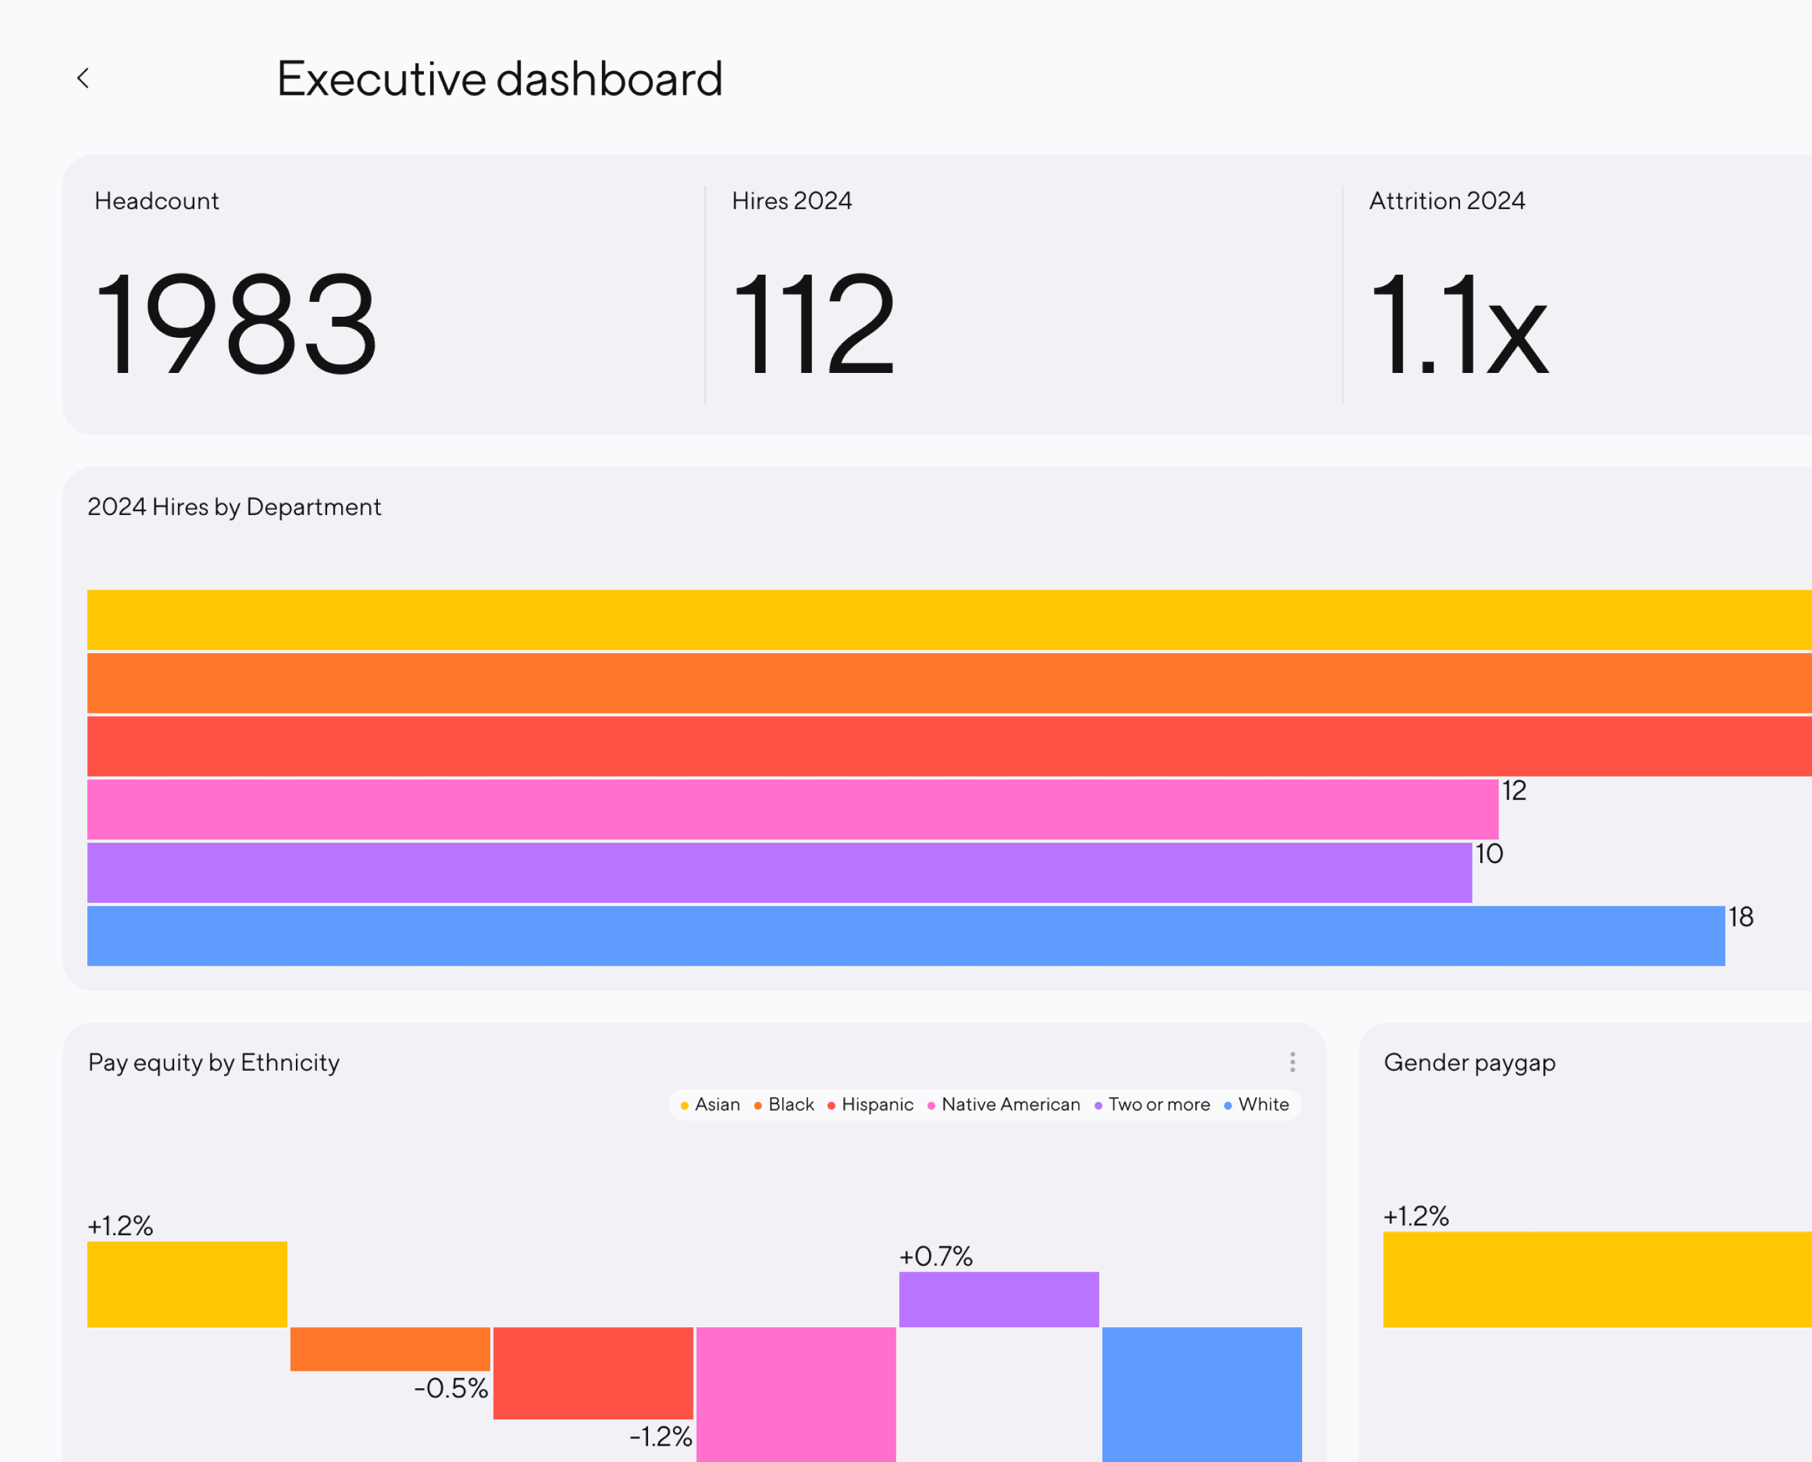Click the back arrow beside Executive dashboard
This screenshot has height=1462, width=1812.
(83, 79)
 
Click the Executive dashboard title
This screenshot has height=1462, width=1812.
(500, 79)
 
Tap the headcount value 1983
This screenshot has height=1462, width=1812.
(236, 324)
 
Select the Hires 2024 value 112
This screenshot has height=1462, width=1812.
(814, 324)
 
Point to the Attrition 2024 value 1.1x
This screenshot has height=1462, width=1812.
(1459, 324)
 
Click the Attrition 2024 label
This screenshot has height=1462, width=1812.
(1446, 200)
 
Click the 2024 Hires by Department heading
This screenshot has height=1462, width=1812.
(234, 507)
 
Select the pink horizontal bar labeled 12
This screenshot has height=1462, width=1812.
(792, 810)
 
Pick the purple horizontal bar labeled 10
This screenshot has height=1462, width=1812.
(779, 872)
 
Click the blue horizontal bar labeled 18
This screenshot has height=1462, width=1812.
(905, 935)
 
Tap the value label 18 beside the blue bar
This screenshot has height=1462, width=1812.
(1740, 917)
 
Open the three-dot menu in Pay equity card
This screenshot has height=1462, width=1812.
(1292, 1062)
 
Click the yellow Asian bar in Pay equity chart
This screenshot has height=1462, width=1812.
(187, 1284)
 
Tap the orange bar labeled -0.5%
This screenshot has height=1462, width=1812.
(390, 1349)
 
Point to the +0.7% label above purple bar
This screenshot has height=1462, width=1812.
(936, 1256)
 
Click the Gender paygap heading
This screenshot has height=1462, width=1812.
(1469, 1063)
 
